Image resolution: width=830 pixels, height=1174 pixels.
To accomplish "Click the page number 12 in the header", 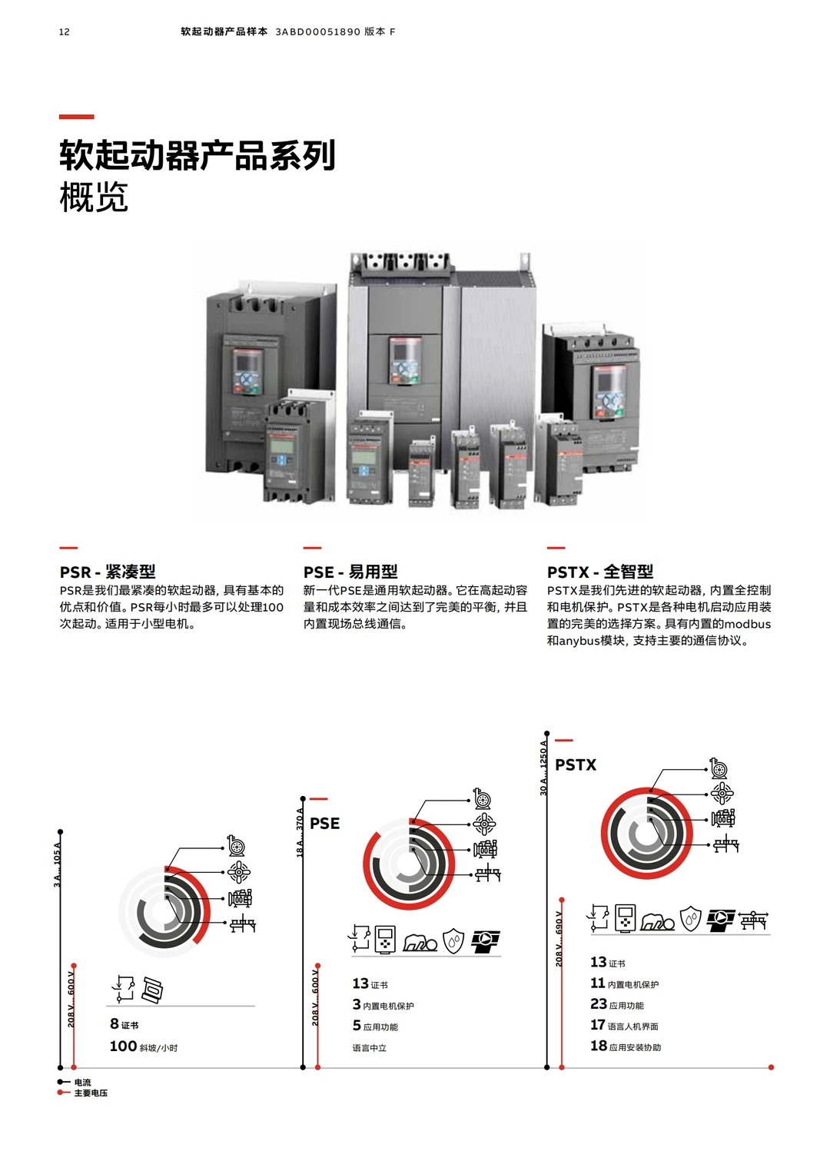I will tap(64, 32).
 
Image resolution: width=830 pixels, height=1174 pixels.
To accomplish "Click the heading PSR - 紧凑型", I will tap(108, 572).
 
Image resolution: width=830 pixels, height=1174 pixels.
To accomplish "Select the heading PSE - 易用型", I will tap(350, 572).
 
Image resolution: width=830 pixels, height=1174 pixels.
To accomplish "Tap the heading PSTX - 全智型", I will tap(599, 572).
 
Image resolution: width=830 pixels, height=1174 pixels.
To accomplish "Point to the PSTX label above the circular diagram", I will tap(576, 764).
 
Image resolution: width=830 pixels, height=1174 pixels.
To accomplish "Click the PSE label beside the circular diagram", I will tap(324, 823).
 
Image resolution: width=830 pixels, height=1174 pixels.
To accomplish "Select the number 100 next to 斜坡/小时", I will tap(123, 1046).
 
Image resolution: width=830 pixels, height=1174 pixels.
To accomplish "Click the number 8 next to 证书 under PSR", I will tap(114, 1023).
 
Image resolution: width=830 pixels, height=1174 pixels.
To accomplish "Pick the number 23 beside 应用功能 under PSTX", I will tap(598, 1003).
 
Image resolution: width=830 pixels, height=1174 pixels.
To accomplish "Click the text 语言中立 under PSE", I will tap(369, 1048).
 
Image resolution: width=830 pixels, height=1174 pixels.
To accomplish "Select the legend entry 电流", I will tap(82, 1082).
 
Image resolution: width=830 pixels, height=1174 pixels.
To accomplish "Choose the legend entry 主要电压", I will tap(91, 1093).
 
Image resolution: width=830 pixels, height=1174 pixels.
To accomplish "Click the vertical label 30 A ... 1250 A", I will tap(543, 768).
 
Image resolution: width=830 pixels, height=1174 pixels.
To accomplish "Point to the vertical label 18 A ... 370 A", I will tap(300, 832).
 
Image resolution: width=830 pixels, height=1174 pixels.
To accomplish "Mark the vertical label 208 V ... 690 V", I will tap(559, 938).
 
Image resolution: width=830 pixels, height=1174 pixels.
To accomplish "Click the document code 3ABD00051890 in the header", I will tap(317, 32).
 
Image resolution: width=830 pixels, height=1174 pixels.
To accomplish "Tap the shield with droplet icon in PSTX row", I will tap(691, 918).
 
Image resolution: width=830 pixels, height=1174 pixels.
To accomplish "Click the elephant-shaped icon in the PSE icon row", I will tap(420, 942).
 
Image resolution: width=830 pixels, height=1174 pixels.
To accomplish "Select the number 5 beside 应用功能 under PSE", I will tap(357, 1025).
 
